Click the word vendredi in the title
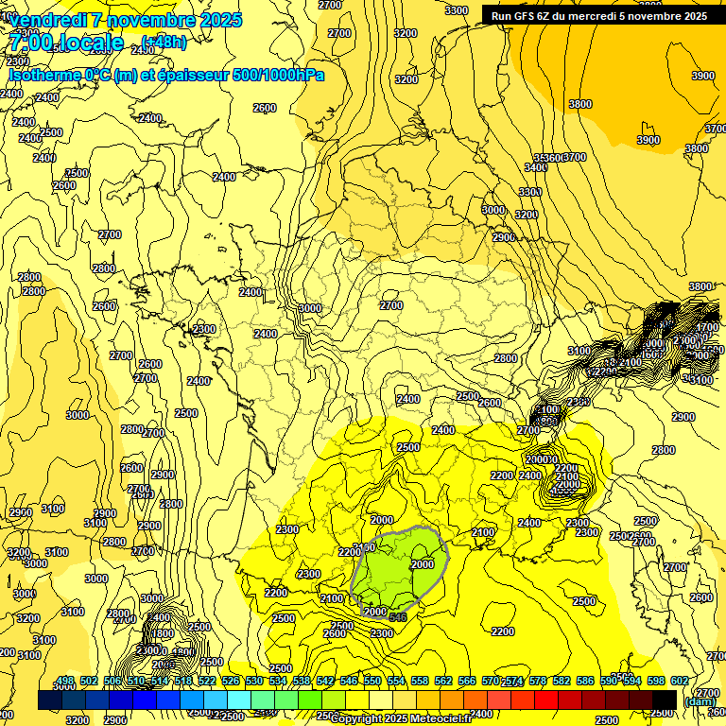pyautogui.click(x=53, y=20)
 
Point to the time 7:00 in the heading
pyautogui.click(x=30, y=43)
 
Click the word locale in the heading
pyautogui.click(x=90, y=43)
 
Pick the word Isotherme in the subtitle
pyautogui.click(x=44, y=75)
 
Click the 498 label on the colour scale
pyautogui.click(x=64, y=682)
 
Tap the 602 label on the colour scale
pyautogui.click(x=679, y=682)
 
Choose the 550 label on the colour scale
pyautogui.click(x=372, y=682)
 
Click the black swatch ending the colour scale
pyautogui.click(x=665, y=700)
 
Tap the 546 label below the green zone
pyautogui.click(x=398, y=617)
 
